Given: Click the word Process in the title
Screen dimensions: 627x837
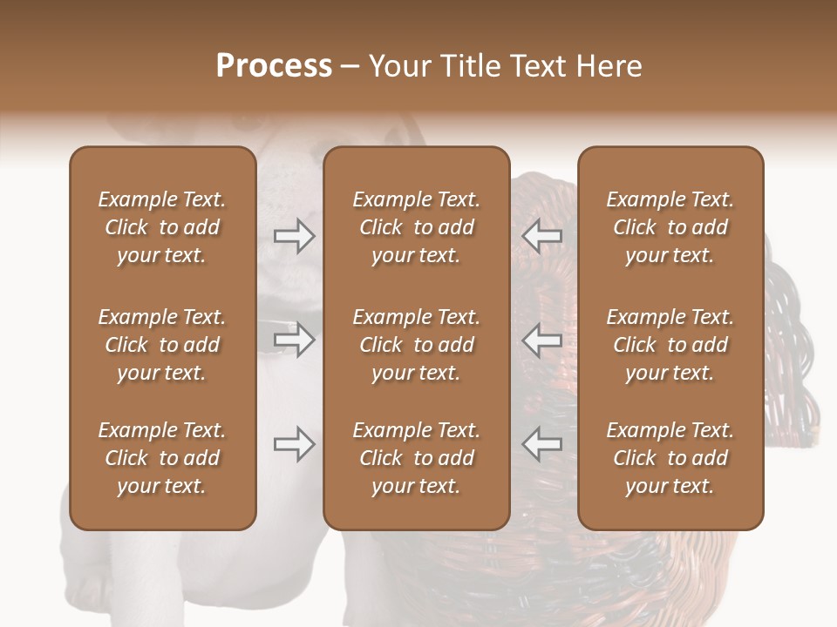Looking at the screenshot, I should point(274,66).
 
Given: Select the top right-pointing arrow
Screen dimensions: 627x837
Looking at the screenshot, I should point(295,236).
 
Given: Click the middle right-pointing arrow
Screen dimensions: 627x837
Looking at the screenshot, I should point(295,340).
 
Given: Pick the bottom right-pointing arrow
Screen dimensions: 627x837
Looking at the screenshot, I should point(295,444).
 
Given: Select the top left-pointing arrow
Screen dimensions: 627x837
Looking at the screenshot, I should point(542,236).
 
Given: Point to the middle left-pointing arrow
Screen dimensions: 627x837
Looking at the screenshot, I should point(542,340).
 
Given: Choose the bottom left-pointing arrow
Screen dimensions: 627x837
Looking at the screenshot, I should point(542,444).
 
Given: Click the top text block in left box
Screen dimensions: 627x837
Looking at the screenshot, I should point(162,227).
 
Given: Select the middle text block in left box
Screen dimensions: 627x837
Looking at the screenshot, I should point(162,345).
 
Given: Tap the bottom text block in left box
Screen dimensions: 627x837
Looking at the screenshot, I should point(162,458).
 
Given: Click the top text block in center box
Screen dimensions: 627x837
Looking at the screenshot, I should point(416,227).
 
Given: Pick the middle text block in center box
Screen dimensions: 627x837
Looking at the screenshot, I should point(416,345).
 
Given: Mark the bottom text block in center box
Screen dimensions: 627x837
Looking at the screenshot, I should point(416,458).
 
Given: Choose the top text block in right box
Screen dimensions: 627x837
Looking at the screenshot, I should point(670,227).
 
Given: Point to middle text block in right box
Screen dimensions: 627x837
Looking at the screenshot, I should point(670,345).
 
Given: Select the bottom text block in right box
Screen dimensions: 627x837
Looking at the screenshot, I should point(670,458).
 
